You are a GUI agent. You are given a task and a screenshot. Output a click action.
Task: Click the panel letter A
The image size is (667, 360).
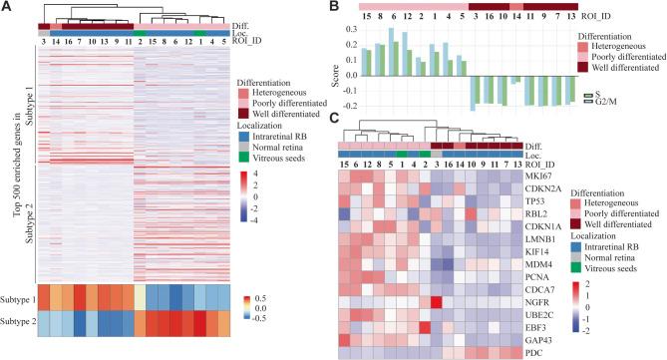click(7, 8)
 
